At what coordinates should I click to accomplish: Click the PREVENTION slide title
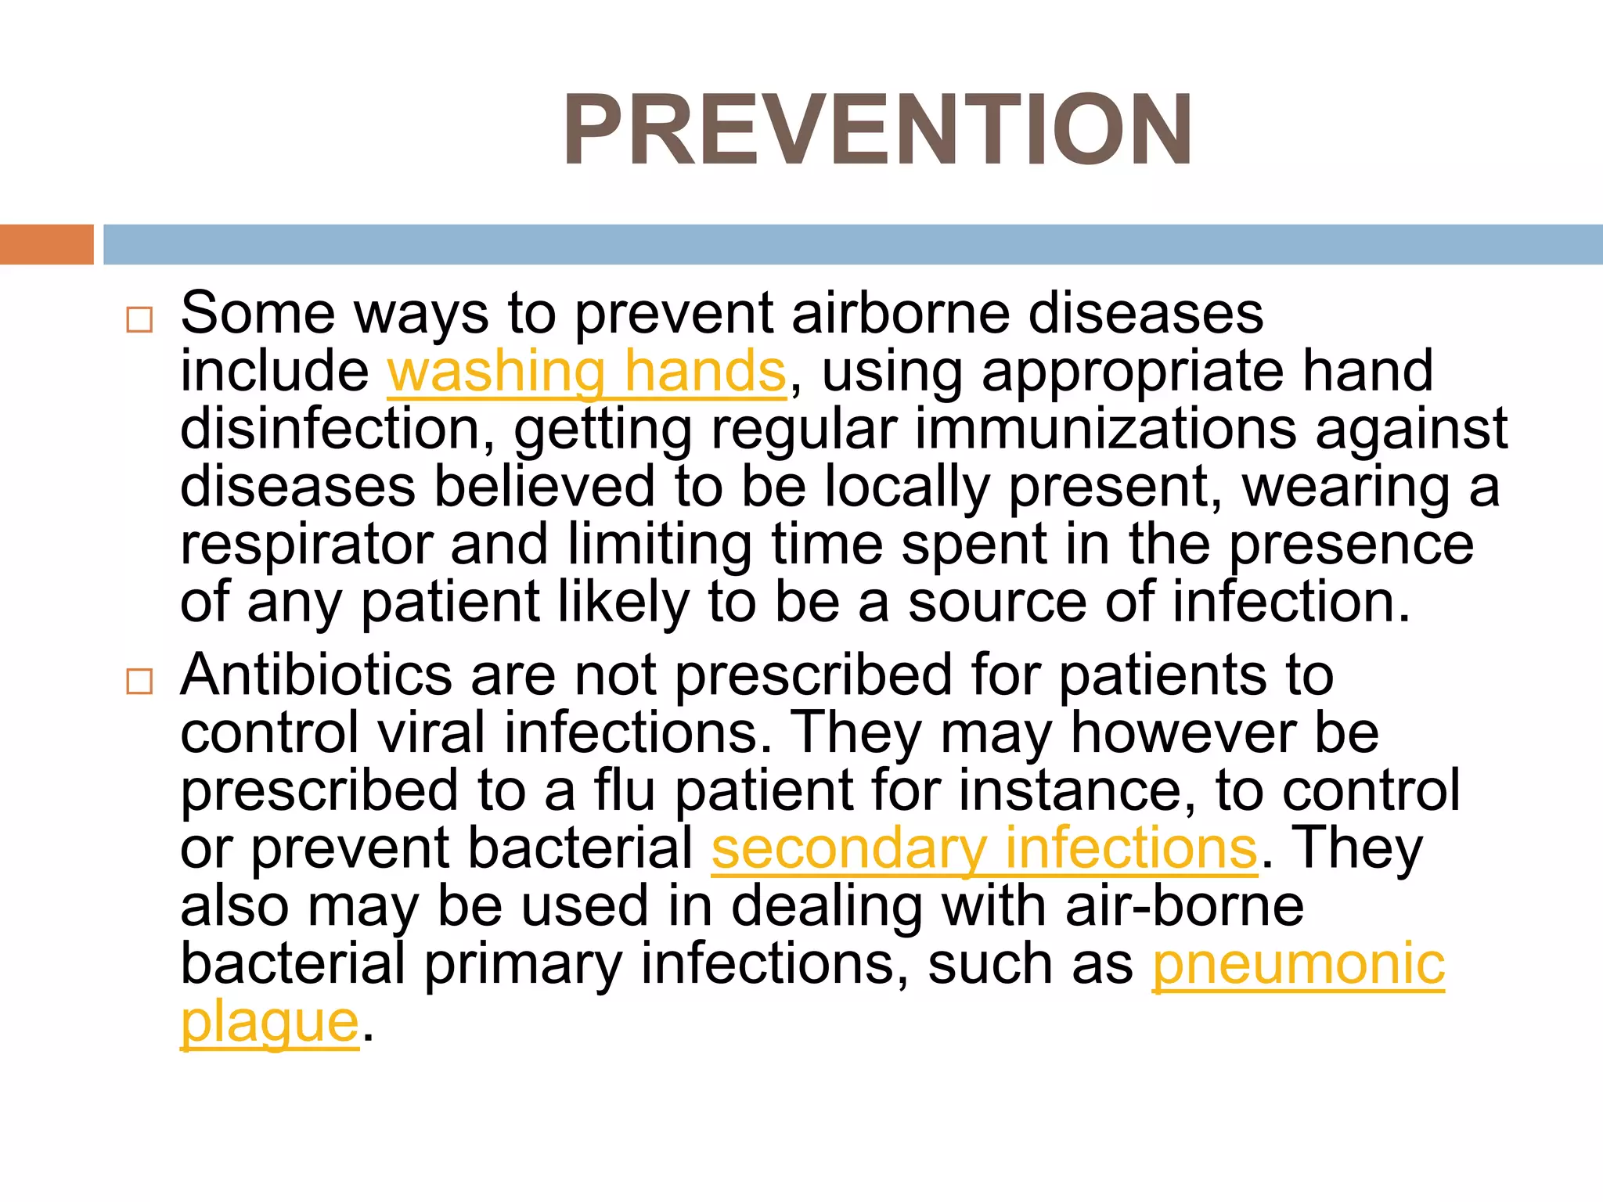[877, 130]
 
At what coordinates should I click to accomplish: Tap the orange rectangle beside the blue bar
[46, 244]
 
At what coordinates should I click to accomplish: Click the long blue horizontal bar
[852, 244]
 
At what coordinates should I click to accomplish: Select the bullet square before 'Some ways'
[139, 320]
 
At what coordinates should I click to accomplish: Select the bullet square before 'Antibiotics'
[139, 682]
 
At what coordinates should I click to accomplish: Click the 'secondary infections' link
[984, 848]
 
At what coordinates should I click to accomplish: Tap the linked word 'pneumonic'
[1298, 964]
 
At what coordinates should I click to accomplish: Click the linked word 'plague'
[269, 1022]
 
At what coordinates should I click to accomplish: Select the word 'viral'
[431, 732]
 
